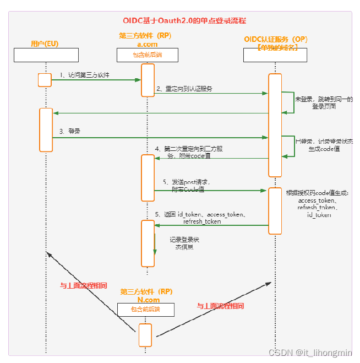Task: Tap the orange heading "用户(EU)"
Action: point(45,44)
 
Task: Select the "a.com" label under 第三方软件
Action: point(147,44)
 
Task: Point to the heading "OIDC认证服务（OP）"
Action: point(276,39)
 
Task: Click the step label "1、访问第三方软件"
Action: point(85,74)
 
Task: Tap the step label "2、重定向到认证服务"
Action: point(184,88)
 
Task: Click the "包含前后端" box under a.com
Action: point(147,55)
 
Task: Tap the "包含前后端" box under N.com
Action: point(145,310)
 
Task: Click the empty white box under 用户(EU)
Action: point(46,55)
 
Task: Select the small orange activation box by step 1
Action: point(45,80)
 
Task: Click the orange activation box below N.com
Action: point(145,334)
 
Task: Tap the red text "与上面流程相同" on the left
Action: point(83,286)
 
